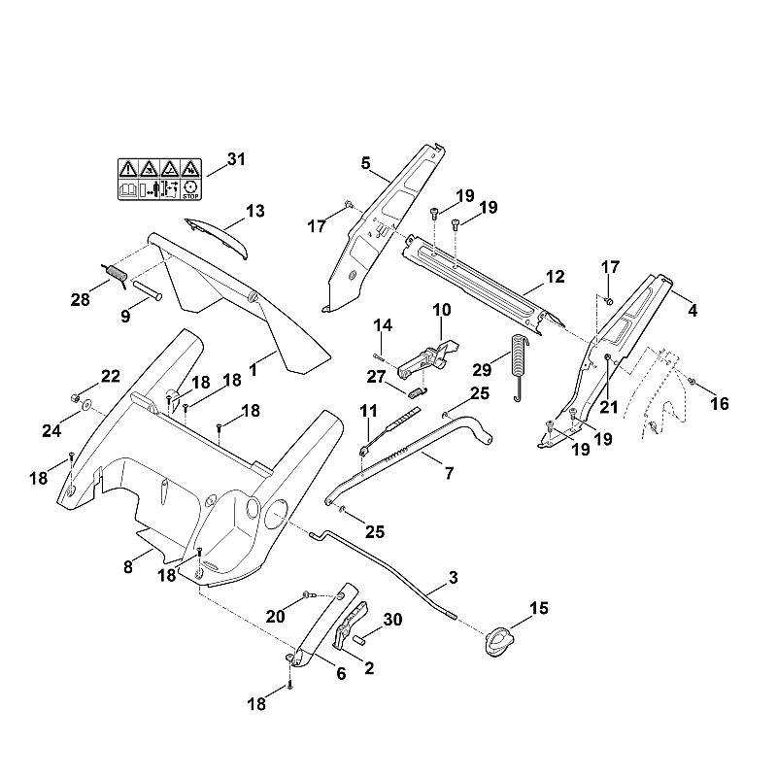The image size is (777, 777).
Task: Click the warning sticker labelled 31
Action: tap(159, 179)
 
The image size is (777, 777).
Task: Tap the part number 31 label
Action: tap(236, 159)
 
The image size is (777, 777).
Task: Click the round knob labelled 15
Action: tap(497, 642)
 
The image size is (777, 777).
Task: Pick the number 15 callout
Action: tap(539, 608)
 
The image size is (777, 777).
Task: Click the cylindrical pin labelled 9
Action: tap(147, 289)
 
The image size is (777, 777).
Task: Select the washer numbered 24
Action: tap(85, 405)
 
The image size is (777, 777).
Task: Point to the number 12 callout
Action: tap(555, 277)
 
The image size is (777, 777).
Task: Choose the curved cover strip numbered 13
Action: tap(218, 237)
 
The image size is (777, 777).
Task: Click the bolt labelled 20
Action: tap(307, 594)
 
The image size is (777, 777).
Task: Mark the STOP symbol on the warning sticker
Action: tap(190, 189)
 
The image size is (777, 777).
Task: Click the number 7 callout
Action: tap(449, 473)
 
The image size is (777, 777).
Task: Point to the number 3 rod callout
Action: tap(453, 578)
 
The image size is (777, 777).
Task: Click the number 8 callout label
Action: tap(128, 567)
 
